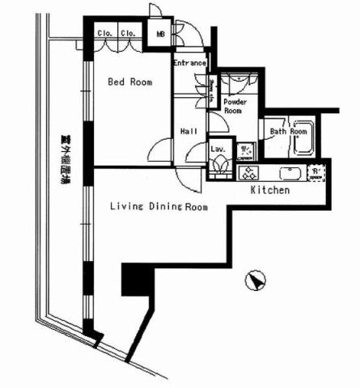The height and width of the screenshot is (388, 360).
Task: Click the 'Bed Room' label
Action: [130, 82]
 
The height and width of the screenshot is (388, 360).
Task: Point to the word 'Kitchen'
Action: [269, 191]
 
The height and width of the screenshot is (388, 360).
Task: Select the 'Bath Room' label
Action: [289, 131]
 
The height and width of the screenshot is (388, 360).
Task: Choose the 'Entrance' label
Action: [191, 63]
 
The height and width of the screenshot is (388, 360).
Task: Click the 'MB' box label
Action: [159, 35]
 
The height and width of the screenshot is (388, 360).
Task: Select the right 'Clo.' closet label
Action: [129, 34]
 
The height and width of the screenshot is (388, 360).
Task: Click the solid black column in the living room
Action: [135, 280]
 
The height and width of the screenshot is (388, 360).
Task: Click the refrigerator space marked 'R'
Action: [316, 172]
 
